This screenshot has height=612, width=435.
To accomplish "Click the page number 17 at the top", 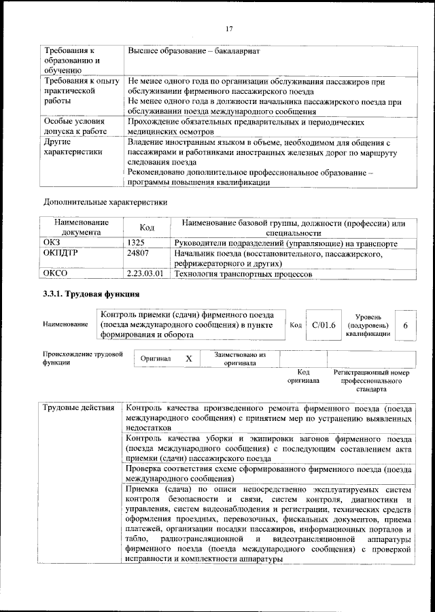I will (228, 28).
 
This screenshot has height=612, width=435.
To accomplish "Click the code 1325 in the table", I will (136, 243).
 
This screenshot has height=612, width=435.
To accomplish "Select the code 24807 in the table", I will (137, 254).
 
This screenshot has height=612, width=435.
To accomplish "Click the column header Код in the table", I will (147, 228).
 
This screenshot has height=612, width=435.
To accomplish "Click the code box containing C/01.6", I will (324, 325).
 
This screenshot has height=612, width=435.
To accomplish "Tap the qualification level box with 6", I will (405, 325).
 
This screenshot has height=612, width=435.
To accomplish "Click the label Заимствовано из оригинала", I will (239, 358).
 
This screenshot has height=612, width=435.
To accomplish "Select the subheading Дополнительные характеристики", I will (105, 202).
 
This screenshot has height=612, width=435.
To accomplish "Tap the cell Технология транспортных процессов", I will (243, 275).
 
